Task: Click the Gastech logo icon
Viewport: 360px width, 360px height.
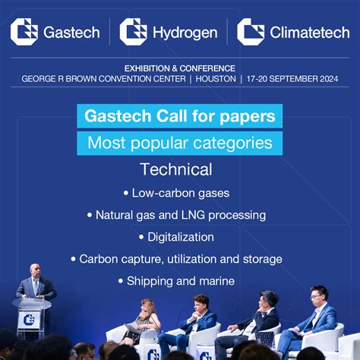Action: pyautogui.click(x=24, y=31)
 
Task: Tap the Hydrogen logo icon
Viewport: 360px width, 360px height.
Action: pyautogui.click(x=134, y=31)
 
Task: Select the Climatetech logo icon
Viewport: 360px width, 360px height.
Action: pyautogui.click(x=251, y=31)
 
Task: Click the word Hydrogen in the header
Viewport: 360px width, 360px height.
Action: pyautogui.click(x=185, y=33)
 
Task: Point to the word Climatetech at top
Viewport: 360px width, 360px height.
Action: pyautogui.click(x=310, y=33)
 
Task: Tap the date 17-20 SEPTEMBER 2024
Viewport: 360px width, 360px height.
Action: pyautogui.click(x=292, y=79)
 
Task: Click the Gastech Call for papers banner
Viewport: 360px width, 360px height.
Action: pyautogui.click(x=179, y=117)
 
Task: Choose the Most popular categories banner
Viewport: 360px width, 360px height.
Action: pyautogui.click(x=179, y=142)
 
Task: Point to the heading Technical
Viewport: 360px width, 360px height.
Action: pyautogui.click(x=176, y=169)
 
